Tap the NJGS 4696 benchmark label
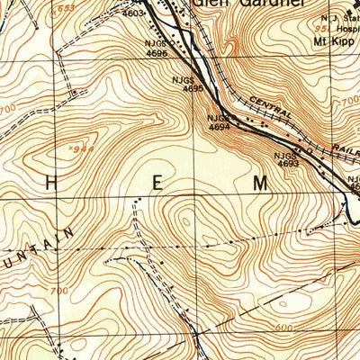tap(156, 49)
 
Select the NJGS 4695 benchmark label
tap(193, 84)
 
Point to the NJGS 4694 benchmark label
tap(218, 122)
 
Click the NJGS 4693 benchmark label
tap(287, 159)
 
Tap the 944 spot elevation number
tap(85, 149)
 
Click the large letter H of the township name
tap(51, 183)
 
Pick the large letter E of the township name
tap(157, 183)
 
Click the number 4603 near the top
tap(132, 13)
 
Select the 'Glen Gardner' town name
tap(235, 4)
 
